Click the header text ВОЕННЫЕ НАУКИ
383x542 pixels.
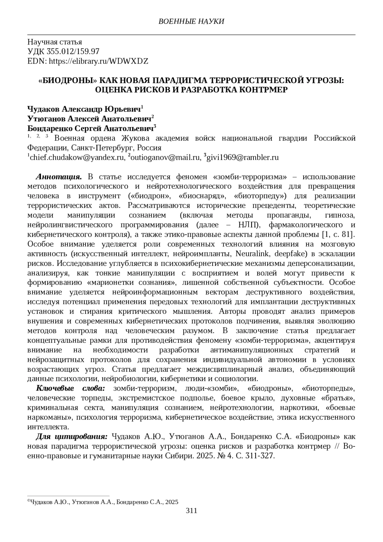pos(191,21)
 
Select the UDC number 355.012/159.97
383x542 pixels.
pos(73,51)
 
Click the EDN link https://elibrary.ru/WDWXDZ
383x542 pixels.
pos(98,61)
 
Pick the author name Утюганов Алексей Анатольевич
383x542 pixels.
pos(89,119)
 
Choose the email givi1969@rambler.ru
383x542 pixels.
pos(243,157)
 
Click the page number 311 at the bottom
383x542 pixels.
pos(191,510)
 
